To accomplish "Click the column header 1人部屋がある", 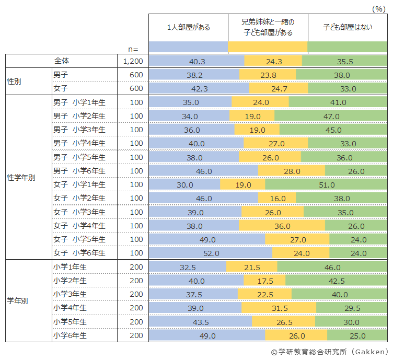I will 189,27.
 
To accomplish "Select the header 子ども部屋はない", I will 348,27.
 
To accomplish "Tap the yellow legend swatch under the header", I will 268,47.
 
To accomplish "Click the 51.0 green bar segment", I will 326,184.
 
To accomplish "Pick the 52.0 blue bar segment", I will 211,253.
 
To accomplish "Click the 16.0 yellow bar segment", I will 277,198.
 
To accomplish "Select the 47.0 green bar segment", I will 331,116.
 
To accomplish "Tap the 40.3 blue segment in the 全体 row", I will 196,61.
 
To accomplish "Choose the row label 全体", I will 62,61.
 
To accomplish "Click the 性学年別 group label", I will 21,178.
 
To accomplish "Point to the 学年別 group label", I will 18,301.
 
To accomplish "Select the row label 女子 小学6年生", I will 79,253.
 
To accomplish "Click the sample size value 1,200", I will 133,61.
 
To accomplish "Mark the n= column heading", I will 133,49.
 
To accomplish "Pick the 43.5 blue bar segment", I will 201,321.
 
